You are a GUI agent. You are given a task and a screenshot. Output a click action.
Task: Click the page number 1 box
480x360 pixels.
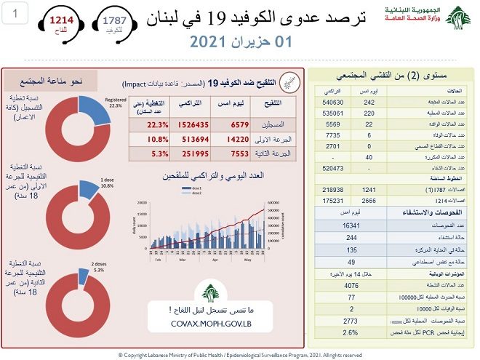tap(16, 12)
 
